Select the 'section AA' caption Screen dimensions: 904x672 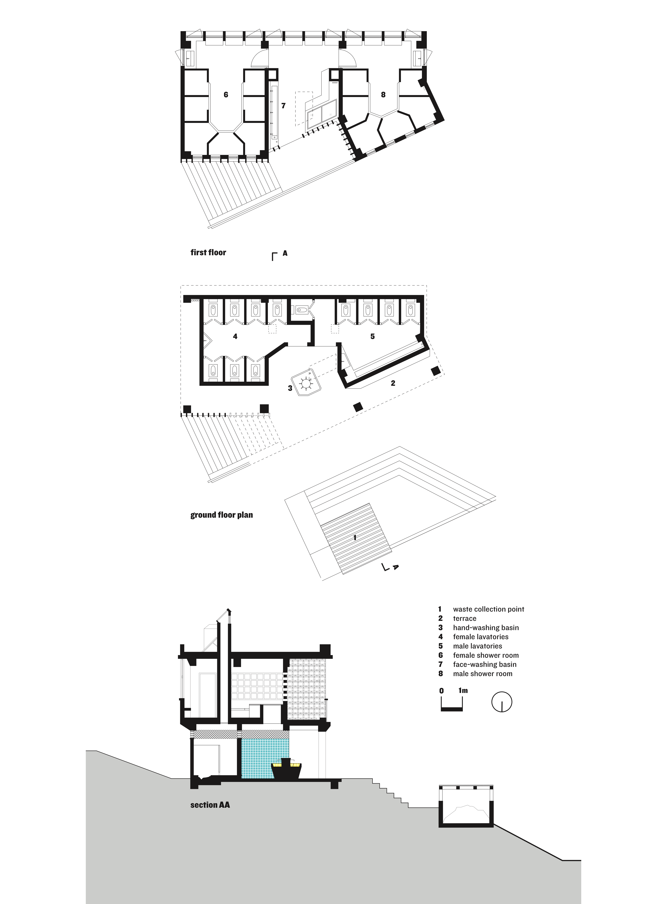(210, 805)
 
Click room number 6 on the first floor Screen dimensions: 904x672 (226, 95)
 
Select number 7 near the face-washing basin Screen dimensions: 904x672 (284, 106)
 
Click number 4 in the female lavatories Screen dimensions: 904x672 (235, 337)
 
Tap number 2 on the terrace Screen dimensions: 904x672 (393, 383)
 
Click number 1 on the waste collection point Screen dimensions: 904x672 (355, 538)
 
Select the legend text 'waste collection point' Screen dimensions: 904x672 (489, 609)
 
